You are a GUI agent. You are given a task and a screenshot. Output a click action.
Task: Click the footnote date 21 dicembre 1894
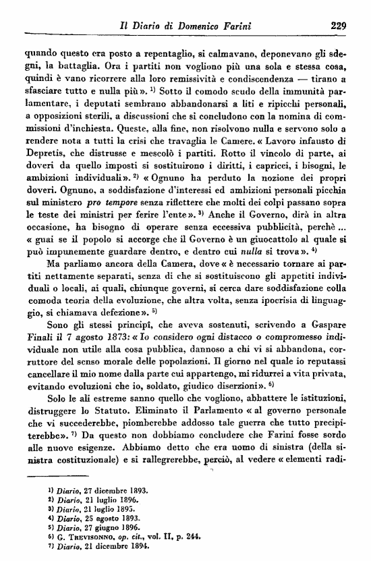point(105,542)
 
